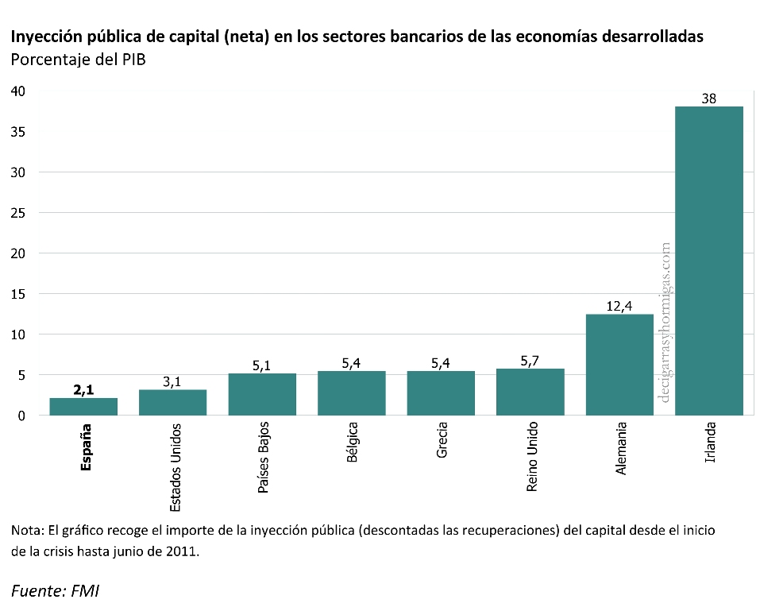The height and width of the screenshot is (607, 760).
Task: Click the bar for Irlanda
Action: click(x=709, y=261)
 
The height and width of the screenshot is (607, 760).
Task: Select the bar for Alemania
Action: click(x=619, y=365)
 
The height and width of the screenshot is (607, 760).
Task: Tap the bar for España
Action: click(x=83, y=406)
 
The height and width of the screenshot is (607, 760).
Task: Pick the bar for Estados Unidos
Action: click(x=172, y=402)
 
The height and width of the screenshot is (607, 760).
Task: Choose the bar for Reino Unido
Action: click(x=530, y=392)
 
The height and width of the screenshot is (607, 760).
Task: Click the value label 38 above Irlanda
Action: click(x=709, y=99)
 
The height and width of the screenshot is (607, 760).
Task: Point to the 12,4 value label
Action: click(x=619, y=306)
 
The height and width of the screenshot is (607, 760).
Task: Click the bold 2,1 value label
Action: click(x=83, y=389)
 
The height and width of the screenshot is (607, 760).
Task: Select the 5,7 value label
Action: click(x=530, y=361)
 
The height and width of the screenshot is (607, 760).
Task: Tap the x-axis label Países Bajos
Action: click(x=263, y=458)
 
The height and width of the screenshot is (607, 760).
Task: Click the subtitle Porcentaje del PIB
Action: click(x=77, y=60)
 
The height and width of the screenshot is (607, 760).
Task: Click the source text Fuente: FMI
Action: click(x=55, y=590)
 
